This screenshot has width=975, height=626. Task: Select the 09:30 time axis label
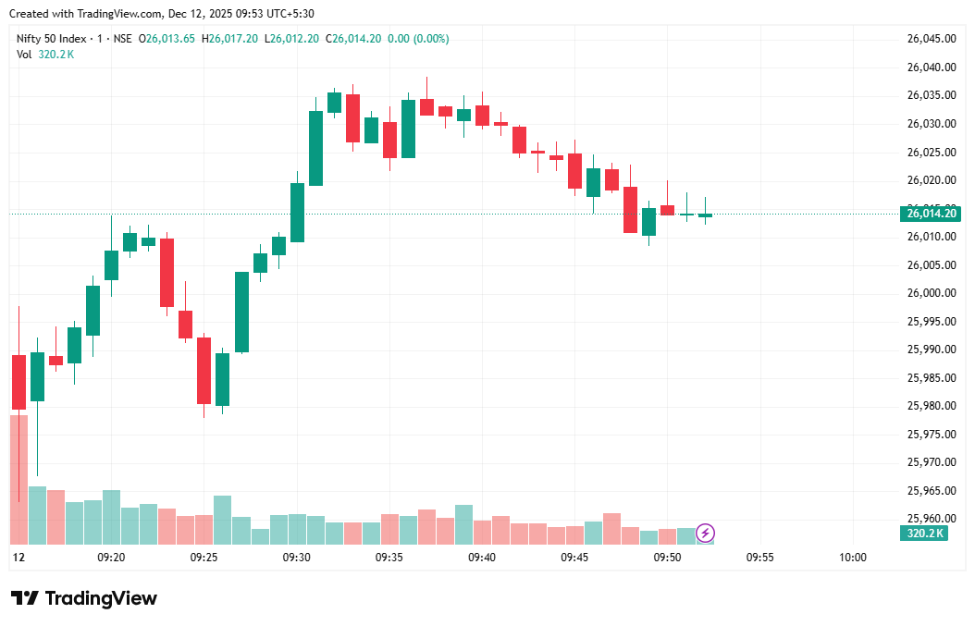pos(297,558)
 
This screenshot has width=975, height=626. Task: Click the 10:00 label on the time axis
pos(852,558)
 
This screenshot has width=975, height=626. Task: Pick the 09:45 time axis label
pos(574,558)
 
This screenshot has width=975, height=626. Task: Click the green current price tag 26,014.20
pos(930,214)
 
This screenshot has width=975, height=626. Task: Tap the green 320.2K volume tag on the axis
pos(924,534)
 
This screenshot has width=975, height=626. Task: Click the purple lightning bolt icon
pos(705,533)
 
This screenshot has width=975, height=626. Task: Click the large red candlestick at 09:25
pos(204,370)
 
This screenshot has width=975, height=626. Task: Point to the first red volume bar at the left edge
pos(19,479)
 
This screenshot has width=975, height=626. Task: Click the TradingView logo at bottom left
pos(84,598)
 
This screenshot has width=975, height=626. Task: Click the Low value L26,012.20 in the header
pos(291,39)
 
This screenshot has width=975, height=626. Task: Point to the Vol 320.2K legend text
pos(45,55)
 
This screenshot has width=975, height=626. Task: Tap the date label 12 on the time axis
pos(19,558)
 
